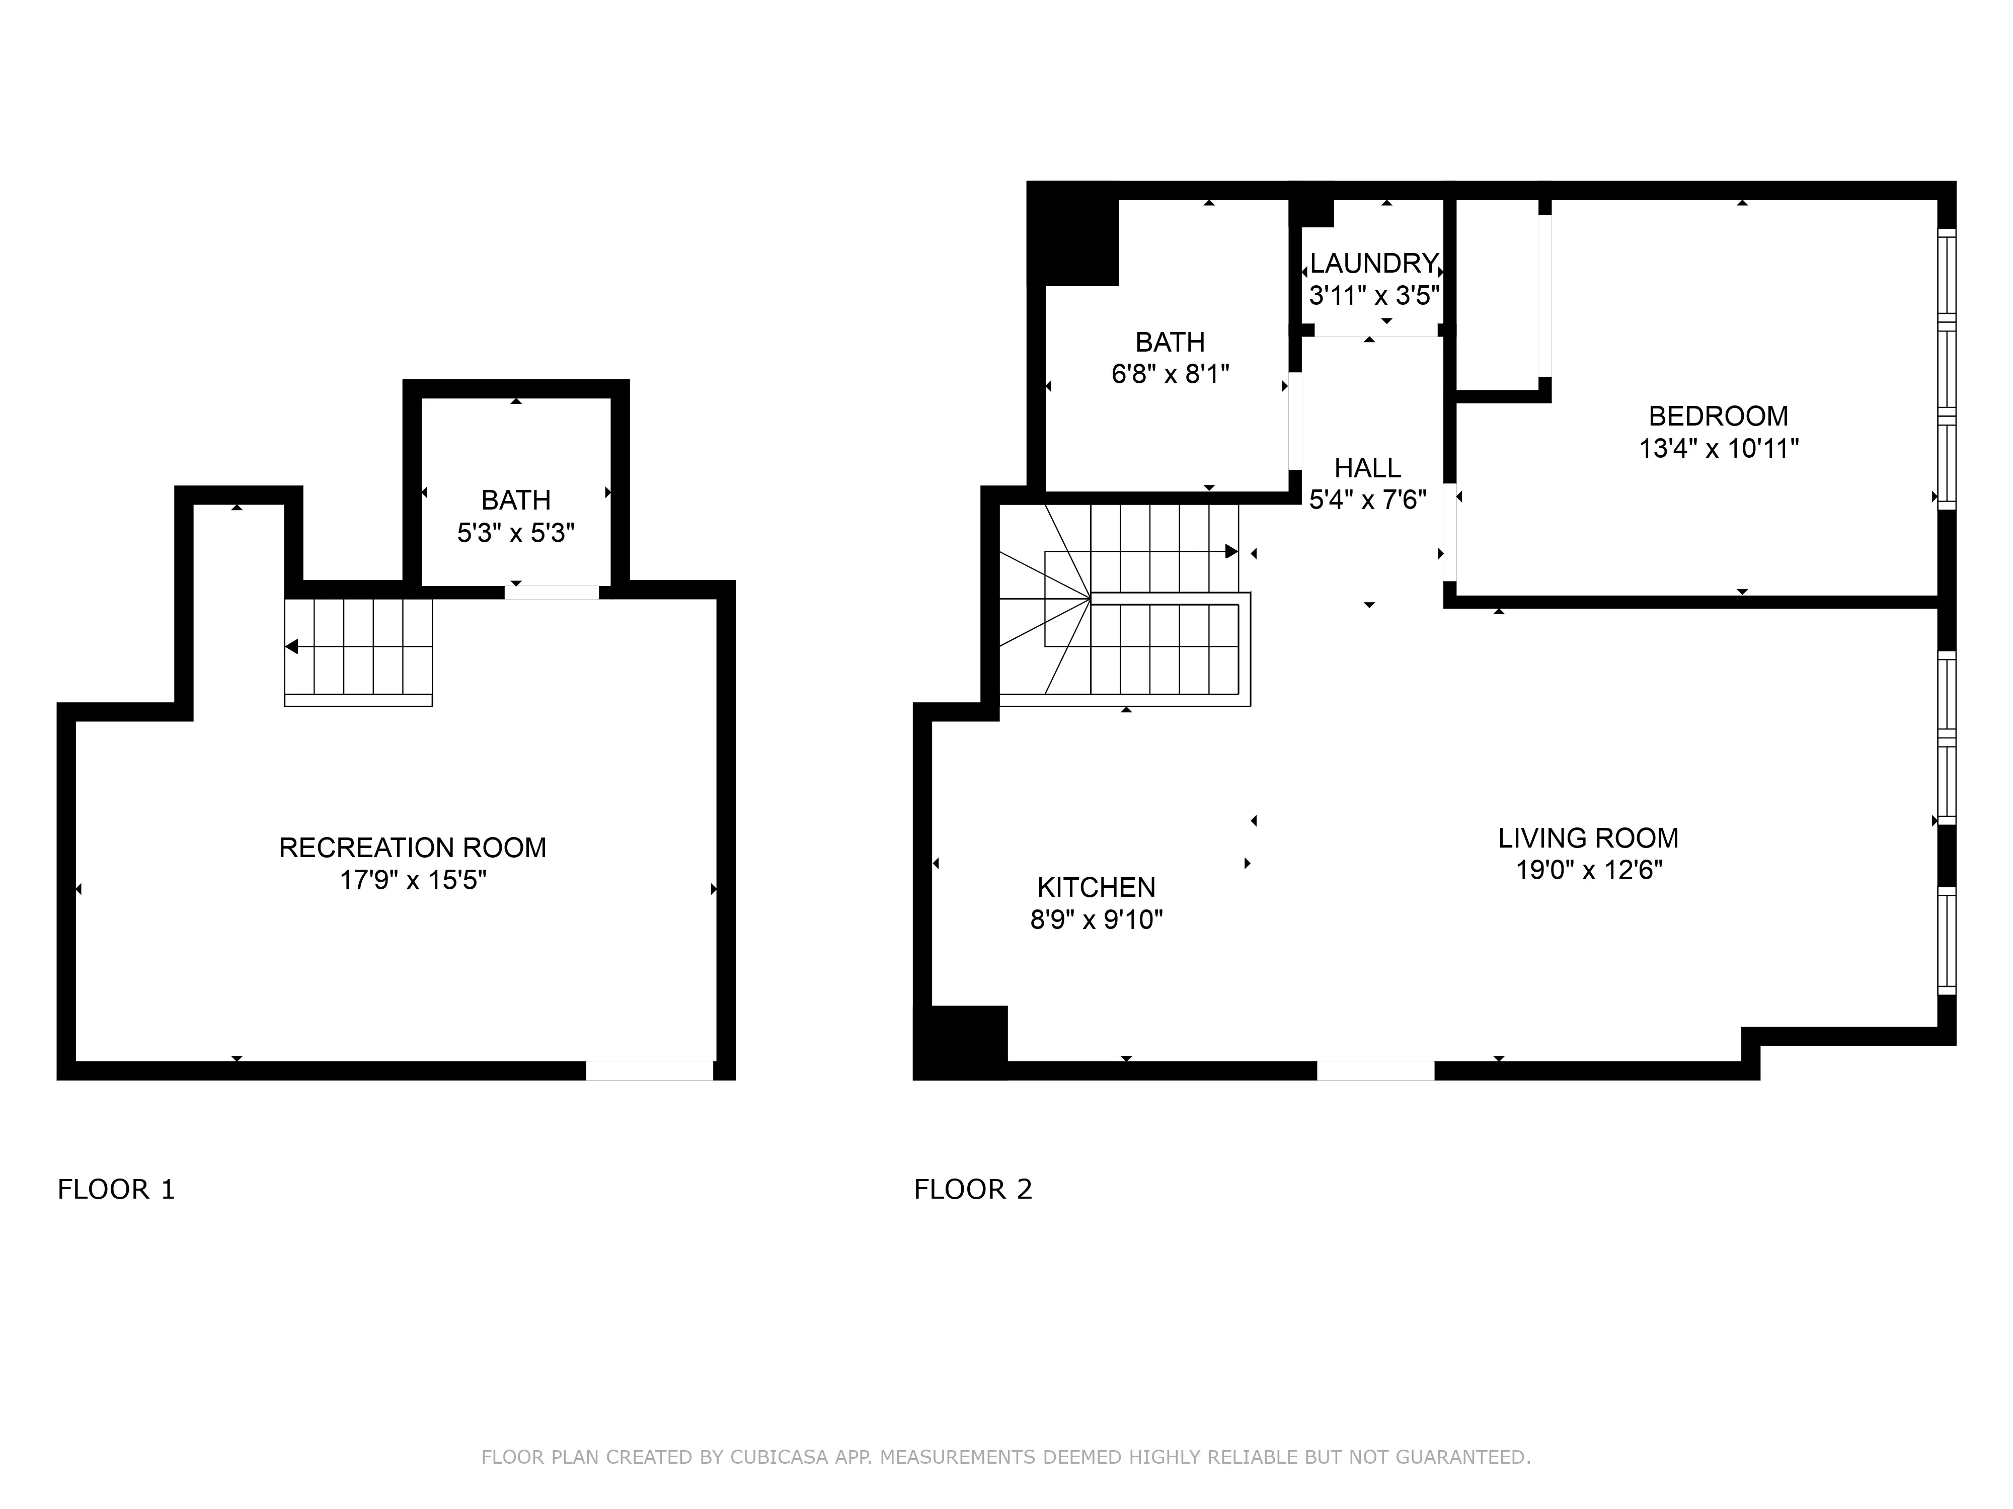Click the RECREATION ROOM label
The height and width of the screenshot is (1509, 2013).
pyautogui.click(x=412, y=848)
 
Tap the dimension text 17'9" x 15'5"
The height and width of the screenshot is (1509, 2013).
pyautogui.click(x=412, y=880)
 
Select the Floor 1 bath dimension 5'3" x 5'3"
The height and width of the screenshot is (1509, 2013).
pyautogui.click(x=516, y=533)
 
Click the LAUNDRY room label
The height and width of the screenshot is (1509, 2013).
pyautogui.click(x=1373, y=264)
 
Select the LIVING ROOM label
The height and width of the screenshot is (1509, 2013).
pyautogui.click(x=1588, y=837)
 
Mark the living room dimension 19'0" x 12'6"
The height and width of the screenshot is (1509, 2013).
pyautogui.click(x=1588, y=871)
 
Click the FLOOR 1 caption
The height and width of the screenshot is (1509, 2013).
pyautogui.click(x=116, y=1190)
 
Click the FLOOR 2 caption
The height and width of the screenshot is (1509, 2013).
pyautogui.click(x=973, y=1190)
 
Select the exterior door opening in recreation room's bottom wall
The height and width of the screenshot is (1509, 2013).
pyautogui.click(x=649, y=1070)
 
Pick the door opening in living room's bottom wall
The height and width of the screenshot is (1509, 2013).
pyautogui.click(x=1375, y=1070)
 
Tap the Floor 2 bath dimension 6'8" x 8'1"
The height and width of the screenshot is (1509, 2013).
pyautogui.click(x=1170, y=374)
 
